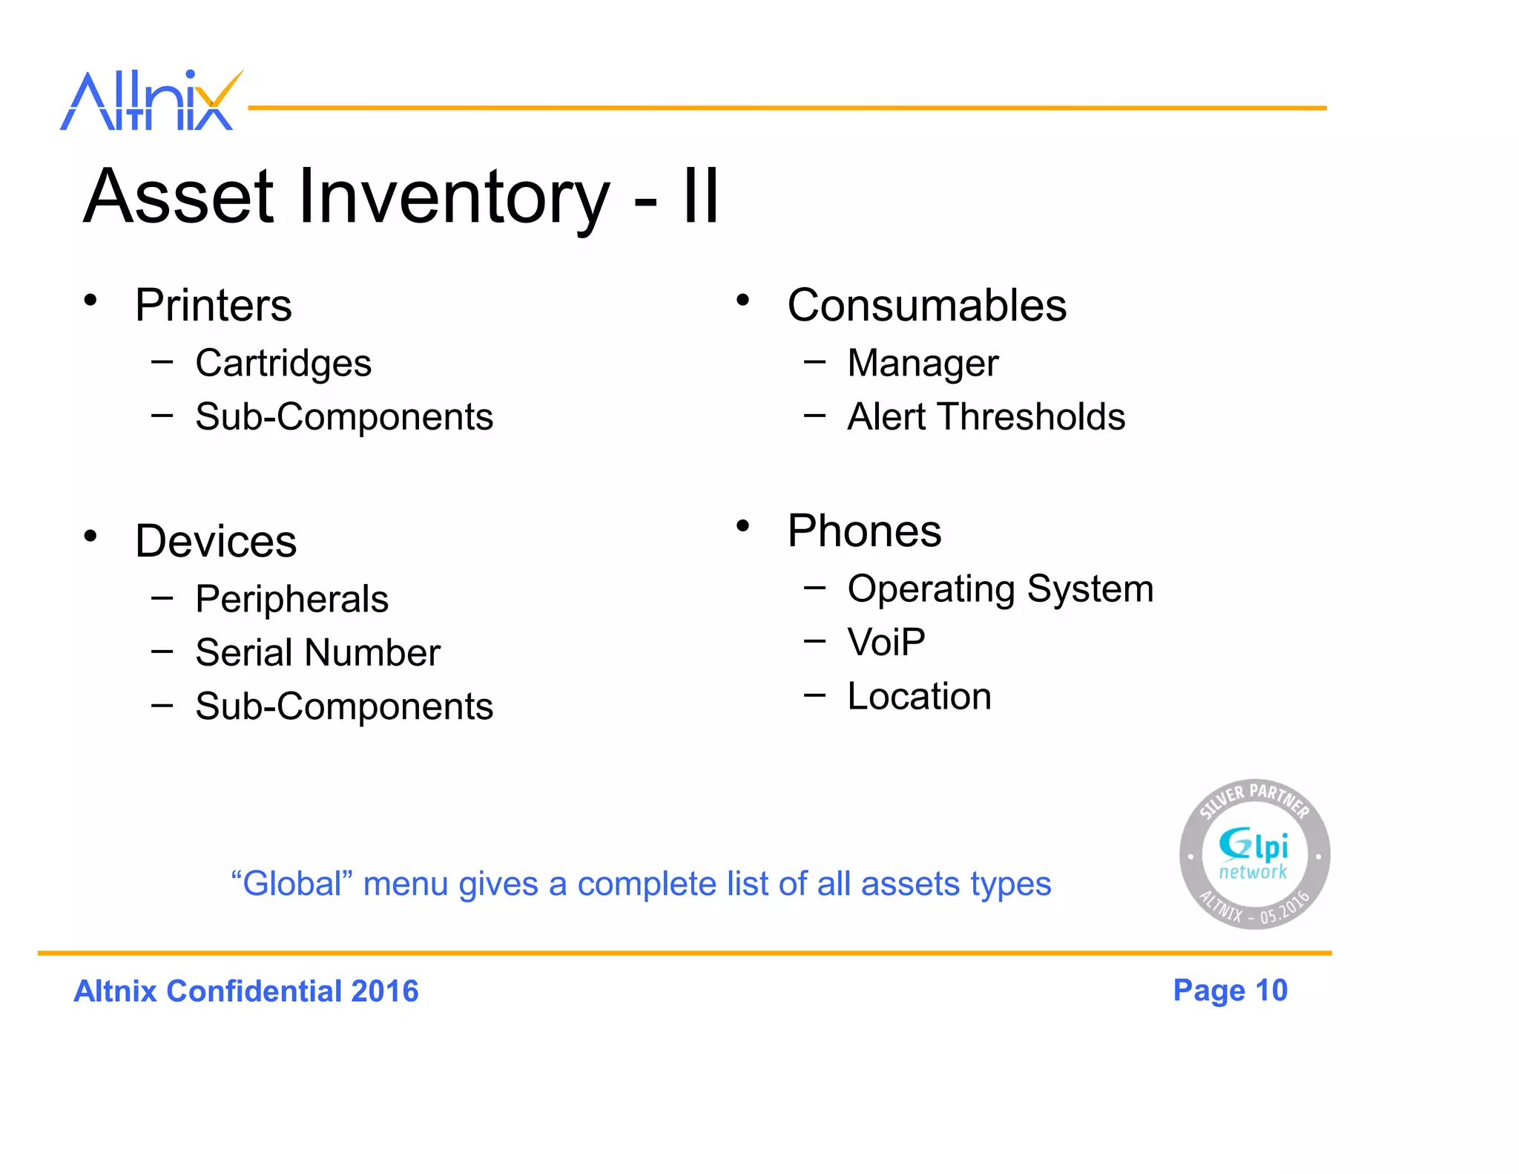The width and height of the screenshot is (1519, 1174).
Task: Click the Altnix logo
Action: [151, 101]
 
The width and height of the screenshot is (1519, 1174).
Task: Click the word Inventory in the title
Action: [453, 197]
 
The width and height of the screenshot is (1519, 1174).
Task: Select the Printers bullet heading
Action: [214, 305]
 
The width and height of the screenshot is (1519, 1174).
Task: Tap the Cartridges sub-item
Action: [283, 363]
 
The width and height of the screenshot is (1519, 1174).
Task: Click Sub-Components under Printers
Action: [344, 416]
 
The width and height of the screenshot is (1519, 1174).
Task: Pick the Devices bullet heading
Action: [216, 541]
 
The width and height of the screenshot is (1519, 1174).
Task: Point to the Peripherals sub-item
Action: [291, 599]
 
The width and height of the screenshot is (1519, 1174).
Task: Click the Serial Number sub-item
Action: [317, 652]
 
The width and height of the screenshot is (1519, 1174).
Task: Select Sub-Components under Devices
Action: [344, 706]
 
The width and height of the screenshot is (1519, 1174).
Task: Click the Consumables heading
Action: [926, 305]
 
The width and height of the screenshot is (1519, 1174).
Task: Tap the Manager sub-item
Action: [923, 363]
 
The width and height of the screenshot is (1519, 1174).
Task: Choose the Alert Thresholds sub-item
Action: [986, 416]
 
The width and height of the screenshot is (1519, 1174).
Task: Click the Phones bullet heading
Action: [864, 531]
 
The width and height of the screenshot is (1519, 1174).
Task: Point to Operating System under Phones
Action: [1000, 588]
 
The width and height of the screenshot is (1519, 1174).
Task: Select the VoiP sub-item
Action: [886, 642]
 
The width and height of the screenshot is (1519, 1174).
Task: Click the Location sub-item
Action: [919, 696]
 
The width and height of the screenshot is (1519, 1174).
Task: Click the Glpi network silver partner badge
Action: [1254, 854]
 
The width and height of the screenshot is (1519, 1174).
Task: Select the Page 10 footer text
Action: [1230, 991]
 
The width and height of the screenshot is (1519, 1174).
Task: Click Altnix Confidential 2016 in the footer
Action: [246, 991]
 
